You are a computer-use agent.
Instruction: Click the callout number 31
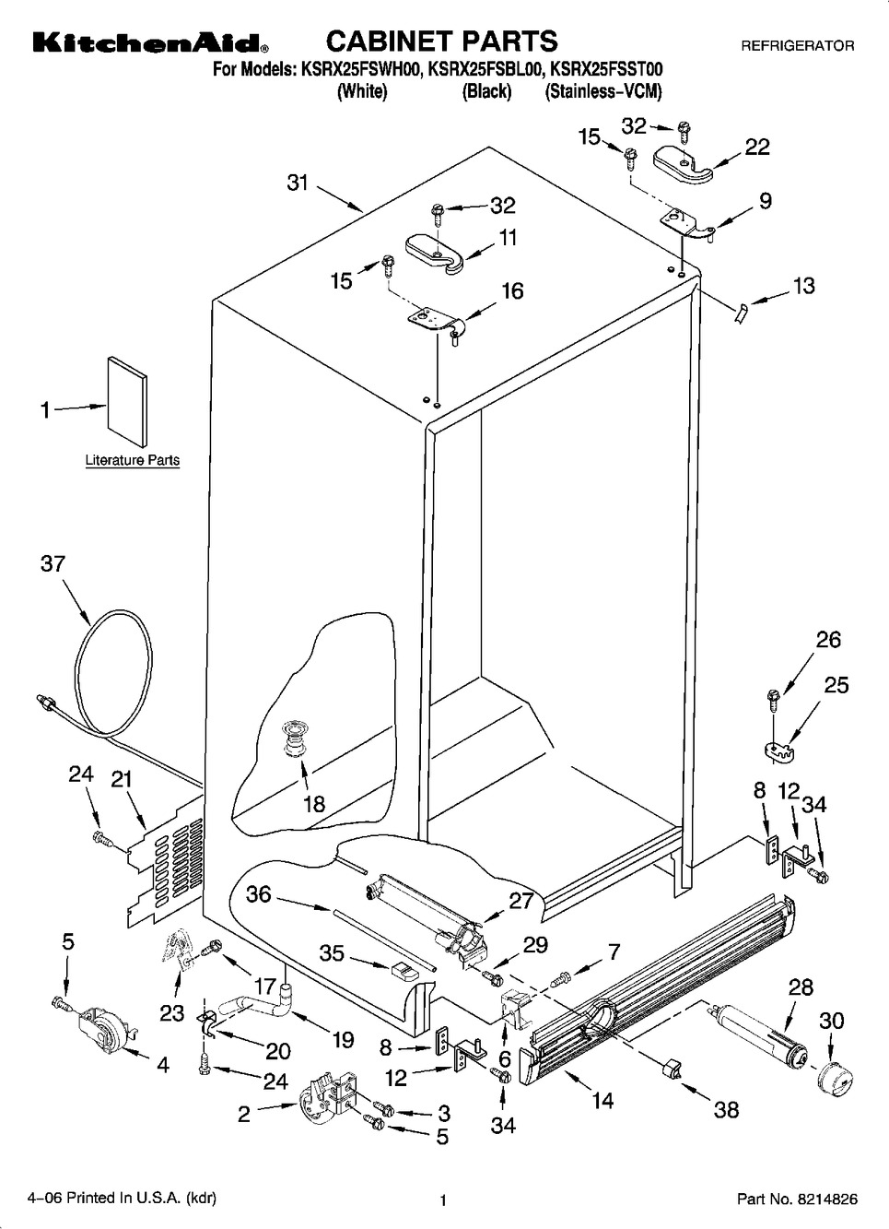298,183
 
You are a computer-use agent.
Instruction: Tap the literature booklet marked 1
127,403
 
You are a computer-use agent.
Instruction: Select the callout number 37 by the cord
53,563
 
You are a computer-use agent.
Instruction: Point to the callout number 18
314,804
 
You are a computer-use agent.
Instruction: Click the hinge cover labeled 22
683,164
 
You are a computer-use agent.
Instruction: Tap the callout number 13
803,285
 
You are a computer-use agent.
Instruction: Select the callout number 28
801,987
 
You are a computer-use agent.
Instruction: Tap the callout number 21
122,779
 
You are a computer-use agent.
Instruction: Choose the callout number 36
259,893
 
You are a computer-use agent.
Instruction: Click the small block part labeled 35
404,971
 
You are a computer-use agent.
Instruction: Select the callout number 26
828,639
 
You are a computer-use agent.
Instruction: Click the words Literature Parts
133,460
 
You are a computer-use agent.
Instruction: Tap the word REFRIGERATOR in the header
798,46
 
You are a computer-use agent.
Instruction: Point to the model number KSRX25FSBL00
485,70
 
